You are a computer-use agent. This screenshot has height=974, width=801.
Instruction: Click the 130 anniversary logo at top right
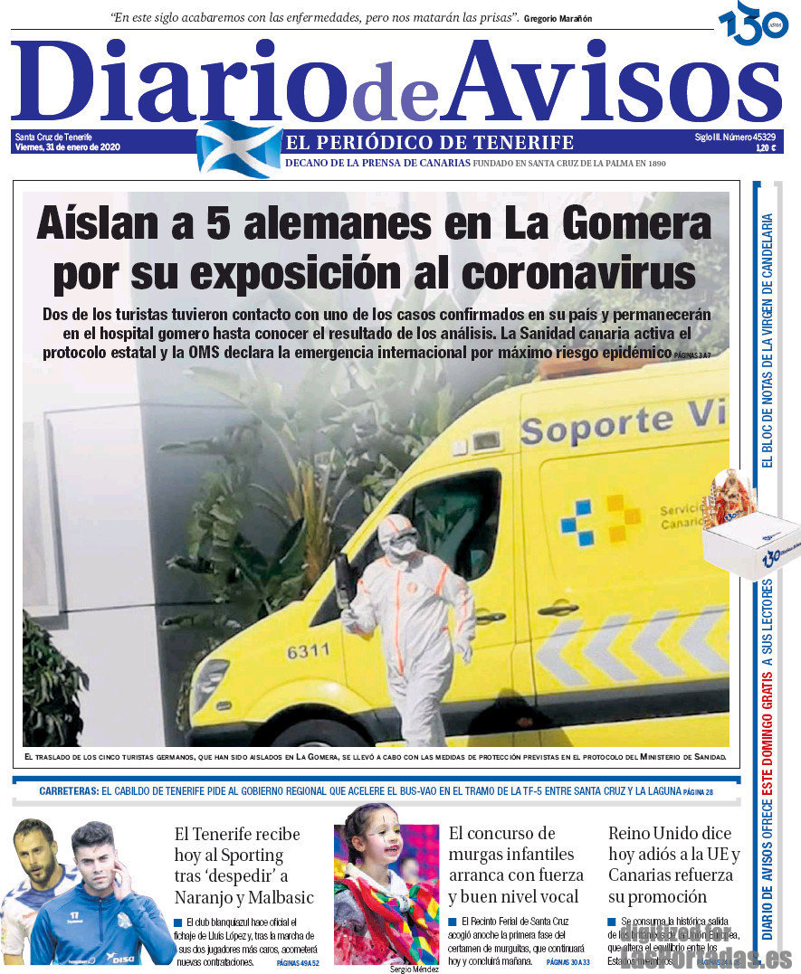(x=753, y=24)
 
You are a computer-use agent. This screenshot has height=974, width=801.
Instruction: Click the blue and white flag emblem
(x=239, y=149)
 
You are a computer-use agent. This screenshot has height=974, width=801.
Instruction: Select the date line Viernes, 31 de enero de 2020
(x=67, y=147)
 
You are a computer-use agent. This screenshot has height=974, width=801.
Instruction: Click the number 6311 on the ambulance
(x=309, y=651)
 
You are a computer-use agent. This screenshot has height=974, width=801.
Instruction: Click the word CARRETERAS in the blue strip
(x=69, y=791)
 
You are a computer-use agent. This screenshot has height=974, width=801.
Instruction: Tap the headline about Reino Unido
(x=673, y=865)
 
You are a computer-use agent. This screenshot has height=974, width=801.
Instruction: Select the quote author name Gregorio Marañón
(x=558, y=18)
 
